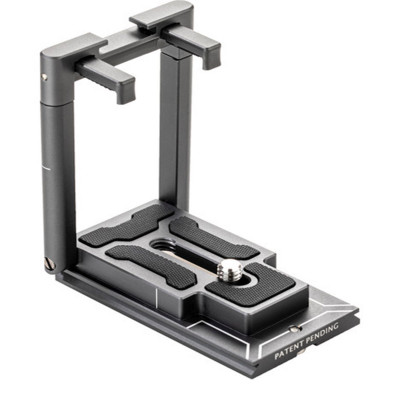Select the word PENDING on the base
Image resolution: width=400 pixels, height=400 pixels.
(x=323, y=332)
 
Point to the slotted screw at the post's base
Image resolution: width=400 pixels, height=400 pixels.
(x=49, y=264)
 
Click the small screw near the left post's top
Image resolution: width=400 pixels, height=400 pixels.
(x=44, y=77)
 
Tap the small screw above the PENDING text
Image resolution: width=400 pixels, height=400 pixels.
(x=295, y=329)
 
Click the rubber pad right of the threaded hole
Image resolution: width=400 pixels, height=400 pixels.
(x=213, y=237)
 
